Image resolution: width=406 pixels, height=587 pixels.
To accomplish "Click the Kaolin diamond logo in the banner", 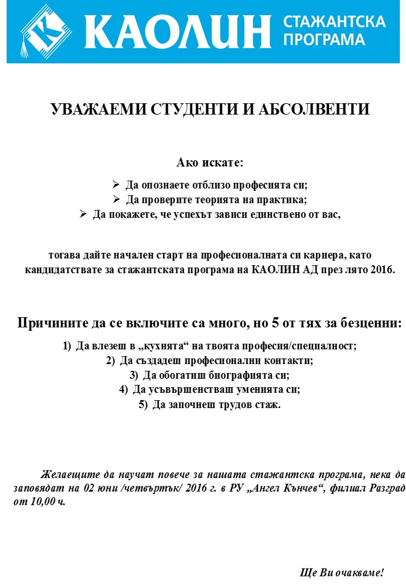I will (x=47, y=31).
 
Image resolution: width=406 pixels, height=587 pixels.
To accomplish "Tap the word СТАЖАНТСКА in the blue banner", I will (x=334, y=22).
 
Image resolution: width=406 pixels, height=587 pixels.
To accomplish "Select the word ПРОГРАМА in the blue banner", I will (x=324, y=40).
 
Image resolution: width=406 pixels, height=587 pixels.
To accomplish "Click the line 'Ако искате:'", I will (x=210, y=163).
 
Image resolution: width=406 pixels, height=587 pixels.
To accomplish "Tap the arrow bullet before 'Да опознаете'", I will (x=116, y=185).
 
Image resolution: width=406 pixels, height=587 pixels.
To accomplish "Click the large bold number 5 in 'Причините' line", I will (x=276, y=323).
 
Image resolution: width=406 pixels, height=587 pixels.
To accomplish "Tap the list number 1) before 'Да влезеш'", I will (x=67, y=346).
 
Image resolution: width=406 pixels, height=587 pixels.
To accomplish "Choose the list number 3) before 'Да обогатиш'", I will (x=134, y=375).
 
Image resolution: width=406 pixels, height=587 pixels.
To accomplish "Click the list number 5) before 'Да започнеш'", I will (x=143, y=405).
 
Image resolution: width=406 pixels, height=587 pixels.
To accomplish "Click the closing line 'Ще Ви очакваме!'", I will (x=342, y=573).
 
